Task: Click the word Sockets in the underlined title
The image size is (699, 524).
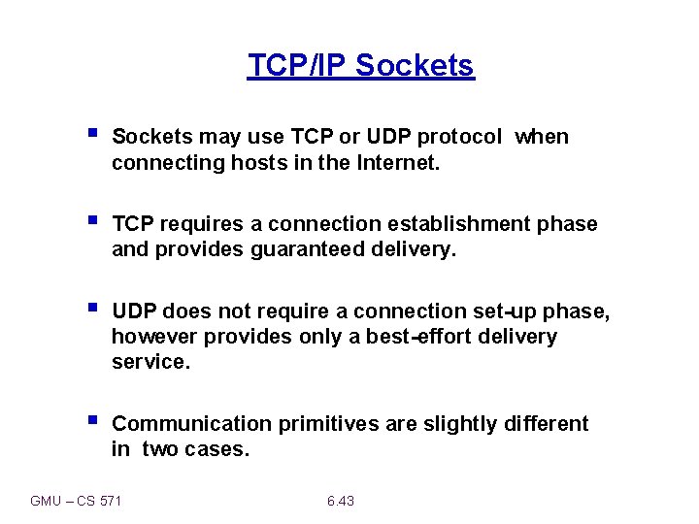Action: click(x=415, y=65)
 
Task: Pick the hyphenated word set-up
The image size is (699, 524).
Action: click(x=540, y=311)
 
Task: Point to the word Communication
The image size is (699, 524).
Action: click(x=192, y=424)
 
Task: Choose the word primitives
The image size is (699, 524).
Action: click(x=324, y=424)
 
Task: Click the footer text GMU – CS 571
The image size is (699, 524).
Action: click(x=77, y=501)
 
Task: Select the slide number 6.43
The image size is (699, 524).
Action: click(x=341, y=501)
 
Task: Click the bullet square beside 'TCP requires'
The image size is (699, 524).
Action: click(x=91, y=221)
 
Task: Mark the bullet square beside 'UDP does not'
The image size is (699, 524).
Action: click(x=91, y=309)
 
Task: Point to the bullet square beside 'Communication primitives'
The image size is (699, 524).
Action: click(x=91, y=421)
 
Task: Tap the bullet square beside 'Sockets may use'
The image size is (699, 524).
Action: click(x=91, y=134)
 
